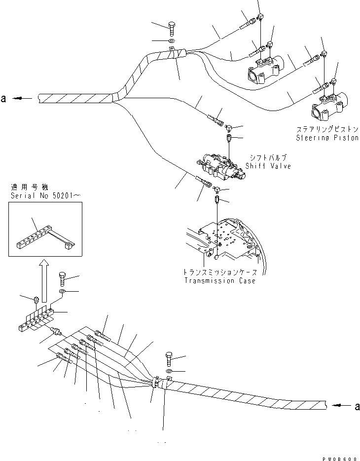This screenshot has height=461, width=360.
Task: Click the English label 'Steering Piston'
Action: tap(327, 138)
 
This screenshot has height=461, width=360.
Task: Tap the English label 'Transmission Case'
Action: tap(219, 281)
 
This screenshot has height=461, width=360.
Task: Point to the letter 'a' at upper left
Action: tap(4, 99)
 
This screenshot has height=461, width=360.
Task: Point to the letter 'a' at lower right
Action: tap(357, 406)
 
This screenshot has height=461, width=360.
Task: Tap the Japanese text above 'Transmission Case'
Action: tap(219, 272)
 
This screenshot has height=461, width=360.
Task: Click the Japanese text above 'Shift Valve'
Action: tap(268, 157)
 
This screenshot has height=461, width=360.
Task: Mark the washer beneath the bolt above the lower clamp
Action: tap(169, 370)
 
